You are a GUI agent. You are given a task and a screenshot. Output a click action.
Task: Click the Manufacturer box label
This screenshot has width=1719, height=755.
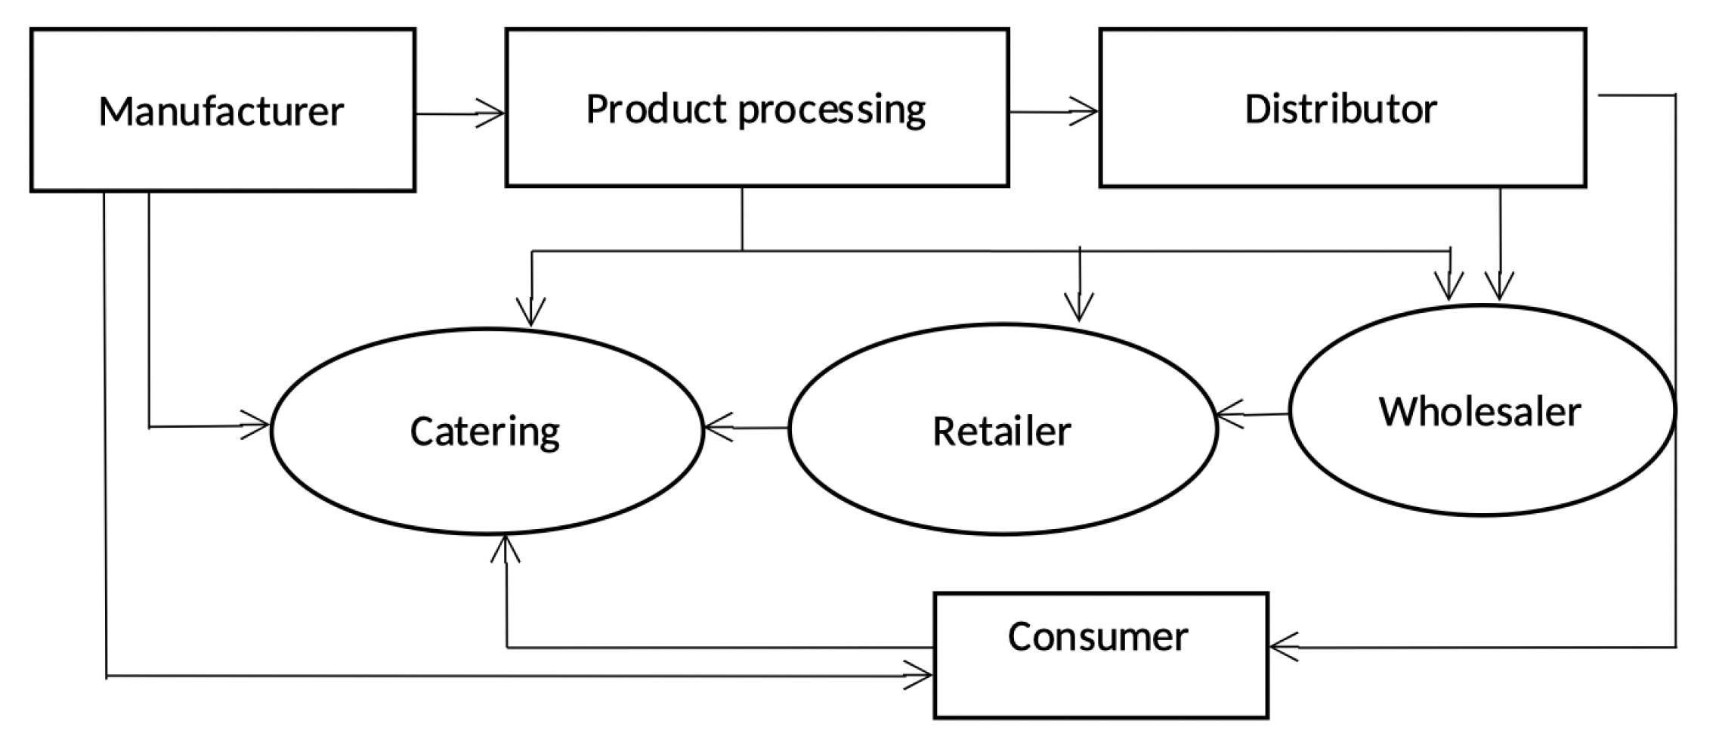coord(221,112)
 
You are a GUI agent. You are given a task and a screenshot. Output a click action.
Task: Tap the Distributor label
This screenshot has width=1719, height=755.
coord(1340,110)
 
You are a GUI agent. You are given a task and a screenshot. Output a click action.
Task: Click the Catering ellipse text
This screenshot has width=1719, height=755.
coord(485,432)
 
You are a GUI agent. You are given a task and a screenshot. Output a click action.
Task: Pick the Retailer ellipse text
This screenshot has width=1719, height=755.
coord(1001,432)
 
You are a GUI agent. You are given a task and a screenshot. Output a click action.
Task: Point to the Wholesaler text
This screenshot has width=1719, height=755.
coord(1479,413)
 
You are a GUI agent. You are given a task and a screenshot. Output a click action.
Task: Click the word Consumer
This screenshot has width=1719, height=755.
coord(1097,637)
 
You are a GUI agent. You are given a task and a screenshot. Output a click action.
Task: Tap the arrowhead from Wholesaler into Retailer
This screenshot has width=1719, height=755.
coord(1229,414)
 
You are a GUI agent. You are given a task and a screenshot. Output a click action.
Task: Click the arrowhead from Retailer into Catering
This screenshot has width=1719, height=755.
coord(716,429)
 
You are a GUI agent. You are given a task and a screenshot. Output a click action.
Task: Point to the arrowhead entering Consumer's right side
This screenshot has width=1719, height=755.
coord(1282,646)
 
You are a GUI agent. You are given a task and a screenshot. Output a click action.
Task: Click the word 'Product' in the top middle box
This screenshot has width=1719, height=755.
coord(656,110)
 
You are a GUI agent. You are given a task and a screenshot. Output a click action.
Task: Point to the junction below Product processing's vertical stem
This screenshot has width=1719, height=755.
coord(742,251)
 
